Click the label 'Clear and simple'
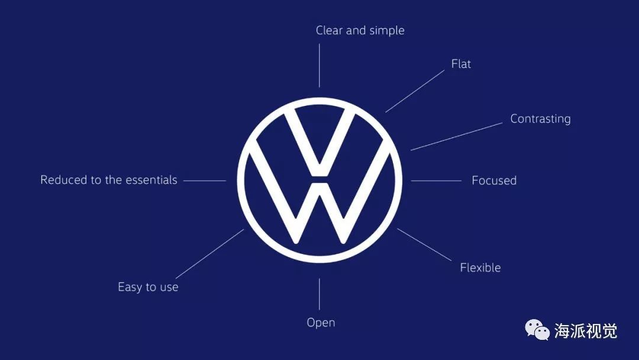click(x=360, y=31)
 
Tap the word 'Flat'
click(x=461, y=64)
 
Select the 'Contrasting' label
click(x=540, y=119)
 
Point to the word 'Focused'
click(x=494, y=181)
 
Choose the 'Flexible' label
click(x=480, y=268)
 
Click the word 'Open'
click(x=321, y=323)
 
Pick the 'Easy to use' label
click(x=148, y=287)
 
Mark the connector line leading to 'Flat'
click(x=414, y=91)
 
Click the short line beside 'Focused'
click(x=436, y=181)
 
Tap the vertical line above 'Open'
click(x=319, y=294)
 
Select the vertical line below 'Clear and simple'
click(x=319, y=65)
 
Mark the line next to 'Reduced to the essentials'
click(x=205, y=181)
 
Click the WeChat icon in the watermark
click(x=538, y=330)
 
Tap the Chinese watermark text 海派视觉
click(x=585, y=331)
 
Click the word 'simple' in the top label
click(x=387, y=31)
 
